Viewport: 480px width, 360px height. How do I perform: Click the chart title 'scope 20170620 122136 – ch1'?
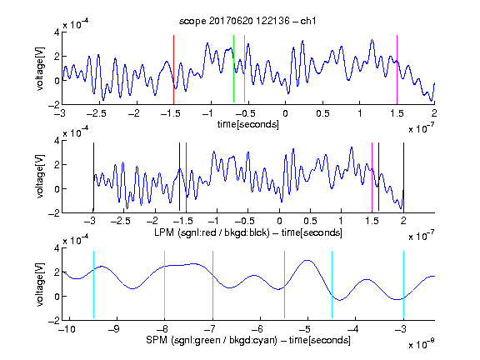tap(247, 21)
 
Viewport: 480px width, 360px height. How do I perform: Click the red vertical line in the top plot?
tap(173, 69)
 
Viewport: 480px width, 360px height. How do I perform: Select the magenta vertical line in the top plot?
tap(397, 69)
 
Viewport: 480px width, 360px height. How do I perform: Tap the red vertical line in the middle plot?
tap(186, 177)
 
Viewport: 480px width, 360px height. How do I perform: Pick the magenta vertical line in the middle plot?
tap(372, 177)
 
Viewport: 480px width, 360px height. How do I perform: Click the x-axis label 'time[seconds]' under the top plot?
tap(248, 124)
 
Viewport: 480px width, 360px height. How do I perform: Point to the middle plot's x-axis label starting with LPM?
tap(248, 232)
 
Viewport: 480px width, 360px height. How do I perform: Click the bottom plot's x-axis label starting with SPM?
tap(248, 340)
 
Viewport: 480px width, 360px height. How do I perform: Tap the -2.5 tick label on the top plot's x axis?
tap(96, 113)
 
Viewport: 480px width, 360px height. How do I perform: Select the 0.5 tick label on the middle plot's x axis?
tap(310, 221)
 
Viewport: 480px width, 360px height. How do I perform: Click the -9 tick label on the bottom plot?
tap(114, 329)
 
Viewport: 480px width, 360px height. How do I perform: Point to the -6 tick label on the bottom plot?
tap(257, 329)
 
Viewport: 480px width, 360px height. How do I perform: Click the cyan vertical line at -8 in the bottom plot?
tap(165, 285)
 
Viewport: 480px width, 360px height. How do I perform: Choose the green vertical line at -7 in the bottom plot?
tap(212, 285)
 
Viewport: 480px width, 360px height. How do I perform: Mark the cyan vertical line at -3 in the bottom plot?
tap(403, 285)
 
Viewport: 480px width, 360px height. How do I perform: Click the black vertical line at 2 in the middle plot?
tap(403, 177)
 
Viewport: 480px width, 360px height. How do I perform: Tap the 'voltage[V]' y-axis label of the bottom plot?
tap(40, 284)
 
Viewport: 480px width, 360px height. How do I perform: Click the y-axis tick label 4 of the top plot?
tap(57, 32)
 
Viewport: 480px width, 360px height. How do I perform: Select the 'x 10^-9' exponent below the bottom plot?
tap(422, 344)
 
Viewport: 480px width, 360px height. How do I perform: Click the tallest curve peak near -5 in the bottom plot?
tap(307, 260)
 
